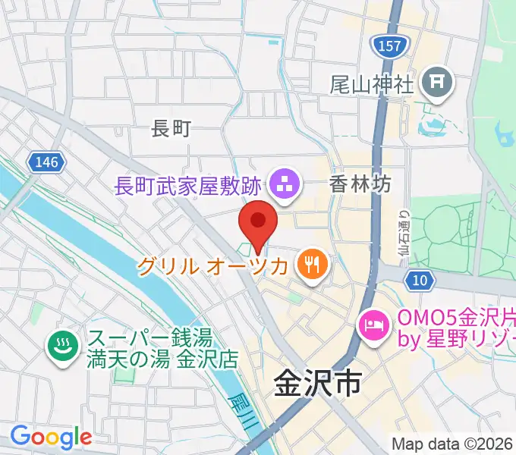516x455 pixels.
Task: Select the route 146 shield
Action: pos(46,162)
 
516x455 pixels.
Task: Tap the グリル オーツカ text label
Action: pos(213,266)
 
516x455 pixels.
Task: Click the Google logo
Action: pos(51,437)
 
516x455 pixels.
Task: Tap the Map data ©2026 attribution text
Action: pos(452,444)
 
